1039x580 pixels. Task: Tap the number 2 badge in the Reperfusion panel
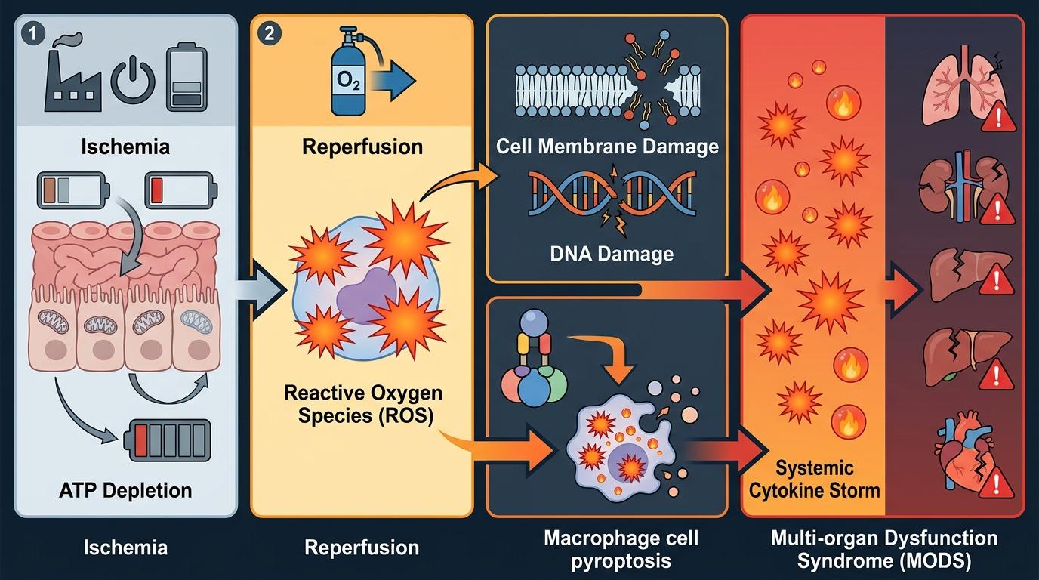268,33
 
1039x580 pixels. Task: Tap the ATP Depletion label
125,490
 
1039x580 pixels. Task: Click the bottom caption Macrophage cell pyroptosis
621,550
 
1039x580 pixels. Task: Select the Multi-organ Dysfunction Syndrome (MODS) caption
883,550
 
